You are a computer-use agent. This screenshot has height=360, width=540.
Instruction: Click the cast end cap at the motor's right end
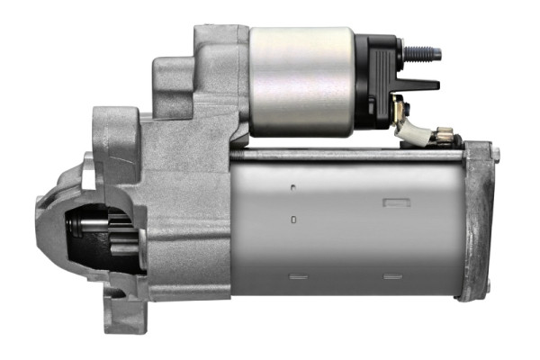click(479, 220)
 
